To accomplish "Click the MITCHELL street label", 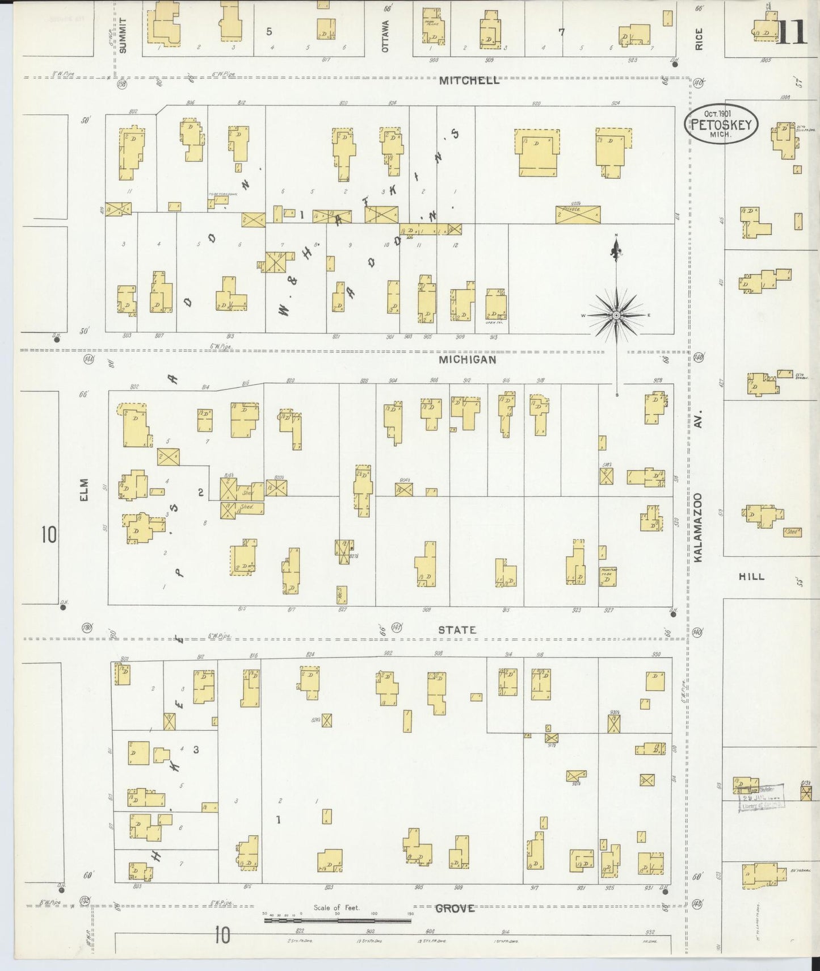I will pos(469,81).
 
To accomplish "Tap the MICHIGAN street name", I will pos(468,359).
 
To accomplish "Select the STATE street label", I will pos(457,630).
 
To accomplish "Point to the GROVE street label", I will pos(455,909).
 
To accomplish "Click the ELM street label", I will pos(85,489).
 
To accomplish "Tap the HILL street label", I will pos(751,576).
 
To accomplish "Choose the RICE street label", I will pos(699,39).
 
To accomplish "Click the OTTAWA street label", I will pos(386,36).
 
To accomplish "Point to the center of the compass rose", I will pos(616,315).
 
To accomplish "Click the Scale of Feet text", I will pos(337,907).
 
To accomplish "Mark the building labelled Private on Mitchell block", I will pos(578,215).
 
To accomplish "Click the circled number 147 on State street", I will pos(397,627).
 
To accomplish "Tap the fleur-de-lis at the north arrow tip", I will pos(616,248).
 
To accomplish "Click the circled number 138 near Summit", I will pos(121,85).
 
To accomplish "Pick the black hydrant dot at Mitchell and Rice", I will pos(674,64).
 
